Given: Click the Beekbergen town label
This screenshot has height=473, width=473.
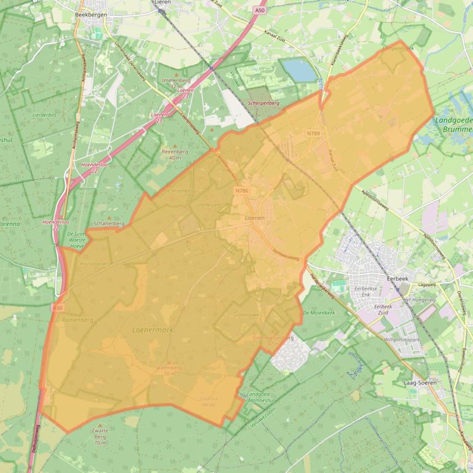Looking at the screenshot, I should [x=90, y=14].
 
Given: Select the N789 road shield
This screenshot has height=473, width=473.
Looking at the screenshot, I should [x=313, y=133].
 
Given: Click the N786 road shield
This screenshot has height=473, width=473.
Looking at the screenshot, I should [x=241, y=191].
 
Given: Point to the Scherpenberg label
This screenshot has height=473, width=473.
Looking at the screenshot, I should [x=263, y=104].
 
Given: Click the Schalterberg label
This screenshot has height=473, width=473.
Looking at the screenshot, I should [x=110, y=224].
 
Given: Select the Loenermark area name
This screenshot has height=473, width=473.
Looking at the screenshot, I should [x=153, y=330].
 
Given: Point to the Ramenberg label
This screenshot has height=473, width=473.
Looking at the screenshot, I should [x=77, y=320].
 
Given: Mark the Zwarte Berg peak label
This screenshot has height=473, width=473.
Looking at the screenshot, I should [x=100, y=431].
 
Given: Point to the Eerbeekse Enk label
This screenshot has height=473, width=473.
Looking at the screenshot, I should [x=366, y=291].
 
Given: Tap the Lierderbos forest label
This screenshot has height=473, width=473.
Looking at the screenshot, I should [x=44, y=115].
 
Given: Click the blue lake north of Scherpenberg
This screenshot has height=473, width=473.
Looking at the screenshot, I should [x=299, y=70].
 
